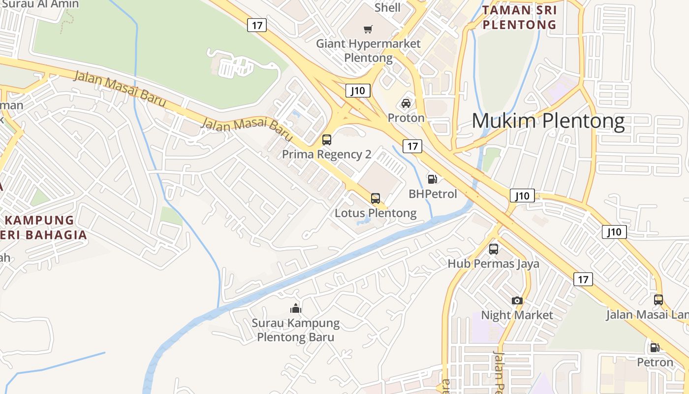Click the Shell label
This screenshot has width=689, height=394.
[x=387, y=7]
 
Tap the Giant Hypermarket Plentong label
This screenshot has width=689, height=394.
[x=368, y=51]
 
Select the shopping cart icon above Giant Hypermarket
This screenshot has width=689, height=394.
[x=368, y=30]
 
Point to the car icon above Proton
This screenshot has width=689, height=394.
[x=406, y=103]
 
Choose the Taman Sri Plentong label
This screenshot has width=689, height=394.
[x=520, y=17]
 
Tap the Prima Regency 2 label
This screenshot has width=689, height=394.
[x=326, y=154]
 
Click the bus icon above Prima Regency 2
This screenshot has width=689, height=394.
[x=327, y=140]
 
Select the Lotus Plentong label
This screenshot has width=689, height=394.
[x=376, y=213]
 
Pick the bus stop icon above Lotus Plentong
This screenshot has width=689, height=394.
[x=376, y=199]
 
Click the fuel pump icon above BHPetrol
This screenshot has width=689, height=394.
[x=433, y=179]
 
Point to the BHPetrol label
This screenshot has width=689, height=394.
[x=433, y=194]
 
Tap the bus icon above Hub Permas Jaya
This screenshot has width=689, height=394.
[x=494, y=249]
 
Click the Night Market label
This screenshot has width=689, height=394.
[x=517, y=315]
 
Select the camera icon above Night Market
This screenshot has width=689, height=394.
[x=517, y=300]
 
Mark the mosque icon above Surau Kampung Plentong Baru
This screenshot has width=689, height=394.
[x=296, y=309]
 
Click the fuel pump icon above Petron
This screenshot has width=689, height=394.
[x=655, y=348]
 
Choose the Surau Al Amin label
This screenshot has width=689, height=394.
[x=40, y=4]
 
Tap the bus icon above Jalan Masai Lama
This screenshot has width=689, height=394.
[x=658, y=299]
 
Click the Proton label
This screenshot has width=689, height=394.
[x=406, y=118]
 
